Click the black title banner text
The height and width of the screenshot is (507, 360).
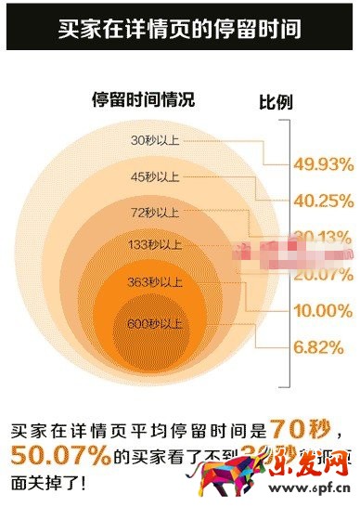point(180,26)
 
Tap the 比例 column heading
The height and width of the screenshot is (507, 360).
point(275,103)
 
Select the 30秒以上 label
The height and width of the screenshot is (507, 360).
point(155,141)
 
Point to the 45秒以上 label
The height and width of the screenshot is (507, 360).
point(155,176)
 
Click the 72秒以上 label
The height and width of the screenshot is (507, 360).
point(155,213)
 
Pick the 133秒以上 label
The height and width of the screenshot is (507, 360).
point(155,245)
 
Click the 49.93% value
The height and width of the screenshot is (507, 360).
point(321,164)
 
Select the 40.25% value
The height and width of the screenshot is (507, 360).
point(321,199)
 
